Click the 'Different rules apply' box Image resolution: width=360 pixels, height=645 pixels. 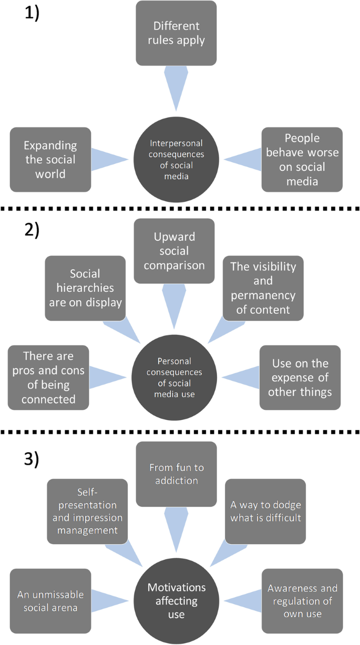(x=176, y=33)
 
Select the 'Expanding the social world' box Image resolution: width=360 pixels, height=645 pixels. (x=50, y=159)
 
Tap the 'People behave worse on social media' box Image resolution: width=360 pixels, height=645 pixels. (x=302, y=159)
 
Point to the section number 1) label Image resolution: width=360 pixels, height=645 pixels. (x=32, y=13)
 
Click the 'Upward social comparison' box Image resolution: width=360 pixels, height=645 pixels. (x=174, y=251)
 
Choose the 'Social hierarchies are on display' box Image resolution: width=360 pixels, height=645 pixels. (x=85, y=288)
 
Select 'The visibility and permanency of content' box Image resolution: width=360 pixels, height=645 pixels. (x=263, y=288)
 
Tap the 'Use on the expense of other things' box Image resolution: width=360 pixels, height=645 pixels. (x=300, y=377)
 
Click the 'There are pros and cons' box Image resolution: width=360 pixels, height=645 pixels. (x=48, y=377)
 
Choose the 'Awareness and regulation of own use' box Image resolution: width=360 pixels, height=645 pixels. (x=302, y=600)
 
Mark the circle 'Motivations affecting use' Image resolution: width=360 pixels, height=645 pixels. (x=176, y=600)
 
